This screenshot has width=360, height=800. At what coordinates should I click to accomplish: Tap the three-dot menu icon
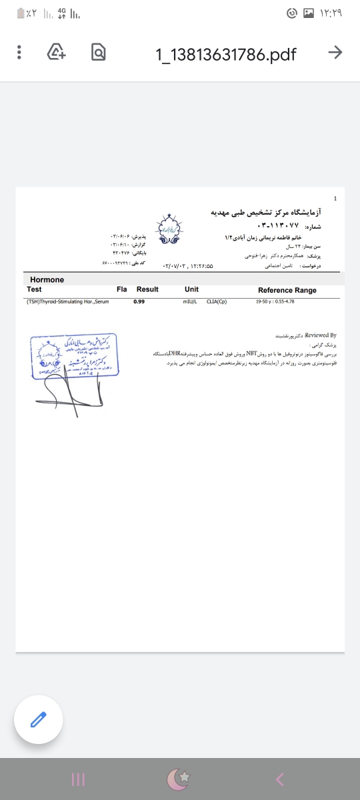[x=19, y=52]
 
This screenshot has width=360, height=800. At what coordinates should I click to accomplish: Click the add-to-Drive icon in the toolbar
[x=56, y=52]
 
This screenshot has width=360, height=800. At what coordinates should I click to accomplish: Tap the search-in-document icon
[x=99, y=52]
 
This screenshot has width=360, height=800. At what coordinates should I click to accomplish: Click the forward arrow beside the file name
[x=336, y=53]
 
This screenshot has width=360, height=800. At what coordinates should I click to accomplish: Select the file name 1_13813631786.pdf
[x=226, y=53]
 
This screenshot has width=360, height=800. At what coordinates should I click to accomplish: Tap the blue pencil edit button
[x=39, y=719]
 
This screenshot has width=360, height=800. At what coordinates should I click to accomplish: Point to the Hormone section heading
[x=47, y=280]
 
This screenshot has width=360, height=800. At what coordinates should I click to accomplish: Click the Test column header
[x=34, y=289]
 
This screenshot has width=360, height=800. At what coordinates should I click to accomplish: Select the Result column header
[x=147, y=289]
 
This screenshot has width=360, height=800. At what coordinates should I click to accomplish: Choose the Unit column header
[x=191, y=289]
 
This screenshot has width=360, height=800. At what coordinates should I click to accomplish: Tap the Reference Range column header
[x=287, y=290]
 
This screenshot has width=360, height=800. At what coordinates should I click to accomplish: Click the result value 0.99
[x=139, y=302]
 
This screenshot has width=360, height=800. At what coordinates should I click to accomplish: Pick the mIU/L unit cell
[x=191, y=302]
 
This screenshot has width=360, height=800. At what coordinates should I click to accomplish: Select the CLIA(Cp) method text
[x=217, y=302]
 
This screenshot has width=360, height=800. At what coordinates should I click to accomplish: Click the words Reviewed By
[x=323, y=335]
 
